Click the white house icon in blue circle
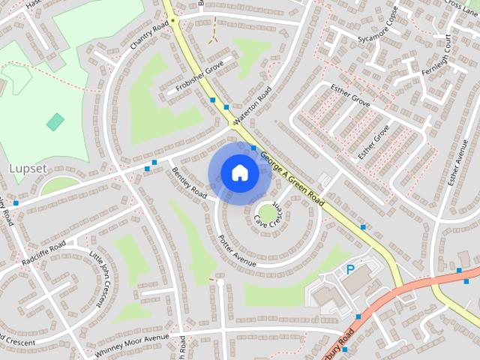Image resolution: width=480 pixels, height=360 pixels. (x=239, y=173)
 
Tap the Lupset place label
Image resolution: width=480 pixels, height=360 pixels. (x=27, y=169)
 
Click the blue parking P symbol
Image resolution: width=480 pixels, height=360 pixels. (x=349, y=269)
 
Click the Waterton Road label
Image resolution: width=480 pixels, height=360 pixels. (x=252, y=106)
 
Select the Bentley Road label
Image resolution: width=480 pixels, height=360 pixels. (x=189, y=183)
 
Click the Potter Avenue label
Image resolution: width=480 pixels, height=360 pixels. (x=237, y=250)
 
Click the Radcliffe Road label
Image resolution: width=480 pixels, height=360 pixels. (x=43, y=252)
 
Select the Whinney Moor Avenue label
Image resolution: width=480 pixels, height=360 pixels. (x=133, y=343)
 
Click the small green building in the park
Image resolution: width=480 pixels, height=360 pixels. (x=55, y=121)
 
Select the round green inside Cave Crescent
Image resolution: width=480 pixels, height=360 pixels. (x=266, y=213)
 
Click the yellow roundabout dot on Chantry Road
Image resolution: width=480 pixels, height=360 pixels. (x=172, y=21)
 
